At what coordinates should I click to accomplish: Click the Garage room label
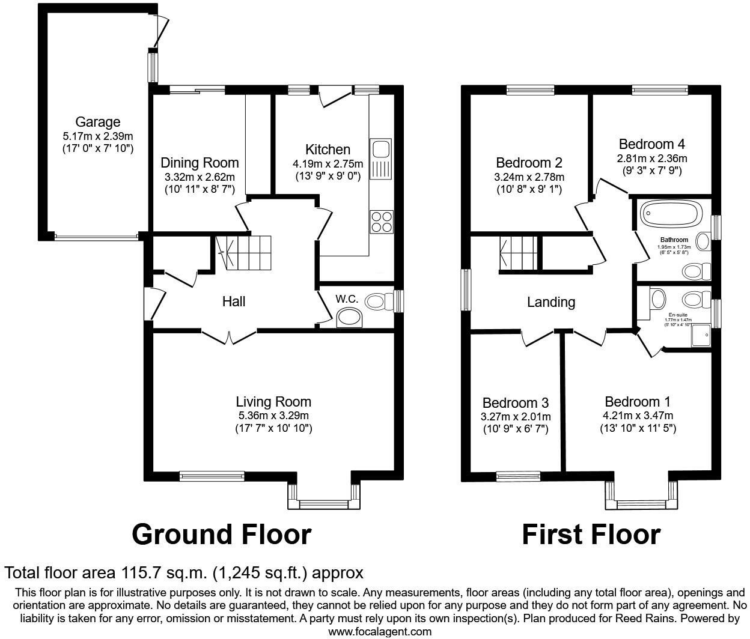(98, 123)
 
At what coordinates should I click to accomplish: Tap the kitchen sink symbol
(380, 159)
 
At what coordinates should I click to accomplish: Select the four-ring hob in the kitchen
(381, 222)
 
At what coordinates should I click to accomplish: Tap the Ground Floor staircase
(243, 253)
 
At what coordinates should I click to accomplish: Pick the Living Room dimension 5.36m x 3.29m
(273, 416)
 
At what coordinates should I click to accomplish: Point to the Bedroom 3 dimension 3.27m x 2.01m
(516, 417)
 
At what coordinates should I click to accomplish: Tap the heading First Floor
(591, 535)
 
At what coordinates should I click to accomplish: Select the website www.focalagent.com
(379, 631)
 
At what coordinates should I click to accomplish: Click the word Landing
(550, 302)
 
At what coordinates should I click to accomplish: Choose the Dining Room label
(200, 163)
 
